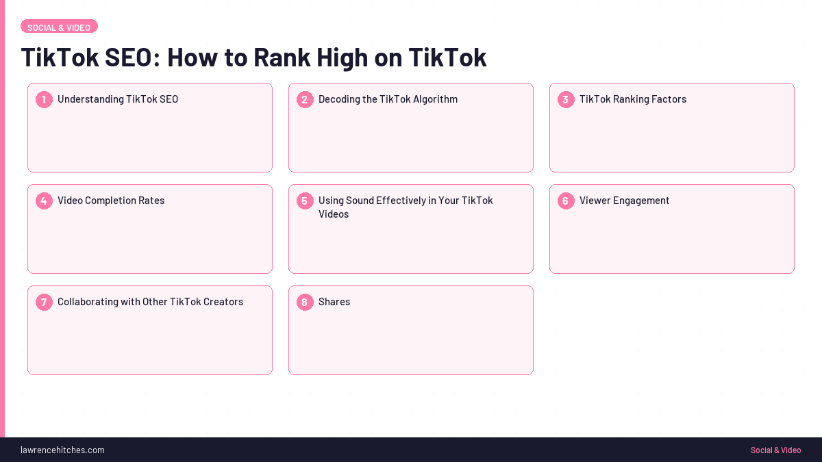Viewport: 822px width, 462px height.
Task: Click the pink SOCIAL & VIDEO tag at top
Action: click(x=59, y=27)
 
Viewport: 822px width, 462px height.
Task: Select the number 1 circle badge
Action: click(x=44, y=100)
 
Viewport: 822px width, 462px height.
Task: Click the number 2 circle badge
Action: click(x=305, y=100)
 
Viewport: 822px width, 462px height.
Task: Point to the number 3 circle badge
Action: click(x=566, y=100)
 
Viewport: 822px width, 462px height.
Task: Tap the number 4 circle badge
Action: click(x=44, y=201)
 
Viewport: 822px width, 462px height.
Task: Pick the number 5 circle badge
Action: click(x=305, y=201)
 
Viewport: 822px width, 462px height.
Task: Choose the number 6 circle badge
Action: click(x=566, y=201)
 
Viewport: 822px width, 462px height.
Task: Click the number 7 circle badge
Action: click(x=44, y=303)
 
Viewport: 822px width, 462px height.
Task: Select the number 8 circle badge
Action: click(x=305, y=303)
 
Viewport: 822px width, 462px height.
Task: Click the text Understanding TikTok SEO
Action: click(x=118, y=99)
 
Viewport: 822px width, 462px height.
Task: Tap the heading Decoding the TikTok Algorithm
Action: click(x=388, y=99)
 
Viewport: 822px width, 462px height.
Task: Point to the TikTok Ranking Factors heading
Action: click(x=633, y=99)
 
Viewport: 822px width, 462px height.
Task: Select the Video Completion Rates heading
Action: click(x=111, y=201)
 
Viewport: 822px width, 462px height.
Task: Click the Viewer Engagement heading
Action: click(x=625, y=201)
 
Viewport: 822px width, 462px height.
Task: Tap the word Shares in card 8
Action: click(x=334, y=302)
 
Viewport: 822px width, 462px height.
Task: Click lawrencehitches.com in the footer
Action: click(x=62, y=450)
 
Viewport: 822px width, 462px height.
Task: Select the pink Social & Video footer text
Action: click(x=775, y=450)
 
